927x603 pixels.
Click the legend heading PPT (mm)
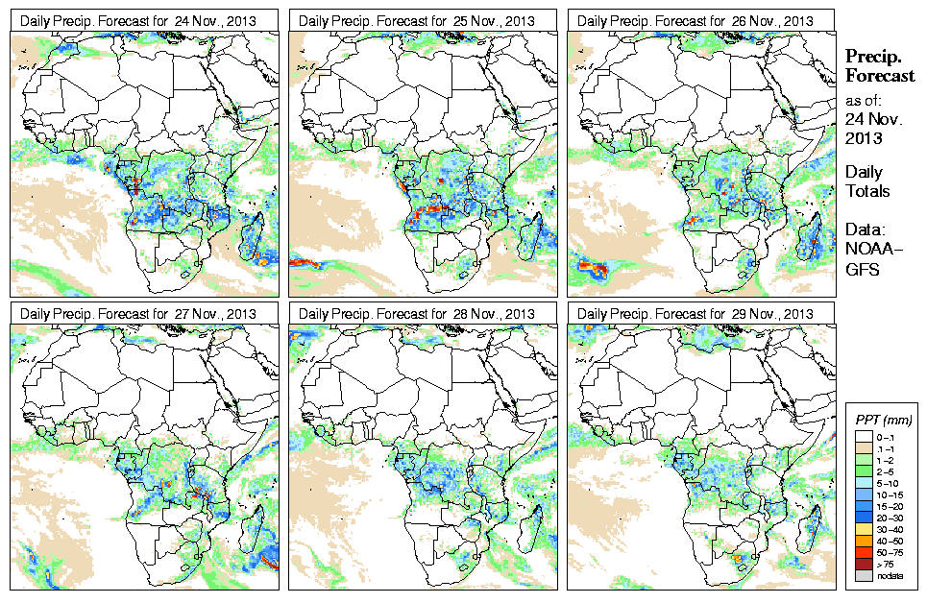pos(883,421)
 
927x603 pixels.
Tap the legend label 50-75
pos(890,552)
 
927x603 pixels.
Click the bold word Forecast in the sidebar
pos(876,76)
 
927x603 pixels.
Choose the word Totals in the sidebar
pos(867,191)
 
